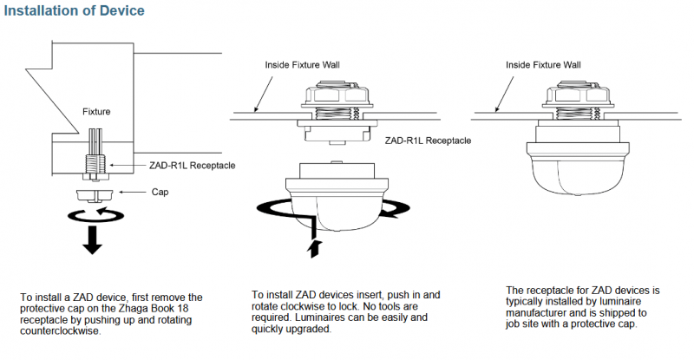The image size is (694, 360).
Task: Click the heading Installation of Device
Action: click(x=75, y=10)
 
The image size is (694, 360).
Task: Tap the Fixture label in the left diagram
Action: click(x=96, y=112)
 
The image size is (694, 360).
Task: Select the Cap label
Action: click(x=160, y=193)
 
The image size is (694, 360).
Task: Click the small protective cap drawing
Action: click(x=95, y=195)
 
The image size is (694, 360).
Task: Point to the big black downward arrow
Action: click(x=92, y=239)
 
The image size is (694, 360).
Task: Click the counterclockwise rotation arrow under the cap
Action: click(x=95, y=216)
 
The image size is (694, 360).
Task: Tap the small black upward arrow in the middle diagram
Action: click(x=314, y=249)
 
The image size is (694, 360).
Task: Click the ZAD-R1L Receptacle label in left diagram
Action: click(x=192, y=166)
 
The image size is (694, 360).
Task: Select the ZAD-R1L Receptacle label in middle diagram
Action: click(x=428, y=141)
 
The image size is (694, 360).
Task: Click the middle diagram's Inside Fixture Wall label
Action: click(x=302, y=65)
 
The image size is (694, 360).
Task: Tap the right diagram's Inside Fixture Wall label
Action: click(x=543, y=65)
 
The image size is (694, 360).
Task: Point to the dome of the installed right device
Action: click(x=578, y=173)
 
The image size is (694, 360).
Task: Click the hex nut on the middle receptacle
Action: click(x=337, y=95)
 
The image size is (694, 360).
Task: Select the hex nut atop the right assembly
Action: click(x=578, y=95)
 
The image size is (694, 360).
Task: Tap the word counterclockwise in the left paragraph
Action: click(x=60, y=331)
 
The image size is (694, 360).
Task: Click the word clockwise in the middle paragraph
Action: click(x=302, y=306)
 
